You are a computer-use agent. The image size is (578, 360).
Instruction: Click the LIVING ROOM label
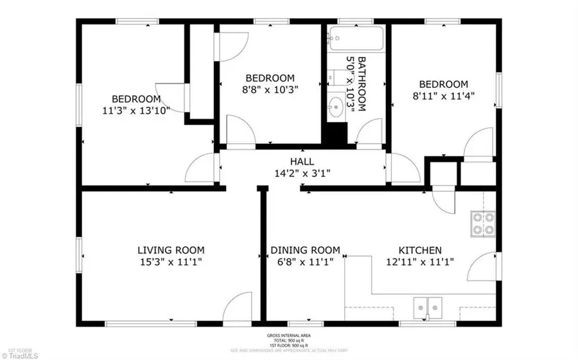coord(171,250)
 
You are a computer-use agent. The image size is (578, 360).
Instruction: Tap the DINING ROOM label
coord(305,250)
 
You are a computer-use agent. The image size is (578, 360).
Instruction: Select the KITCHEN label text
coord(420,250)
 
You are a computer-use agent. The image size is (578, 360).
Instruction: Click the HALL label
coord(302,162)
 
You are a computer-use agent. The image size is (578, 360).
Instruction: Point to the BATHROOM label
coord(362,84)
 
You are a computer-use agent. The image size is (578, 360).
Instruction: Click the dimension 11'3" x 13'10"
coord(136,110)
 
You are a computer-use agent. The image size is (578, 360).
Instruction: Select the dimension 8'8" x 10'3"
coord(270,89)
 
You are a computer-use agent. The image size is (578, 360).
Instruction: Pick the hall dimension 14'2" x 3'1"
coord(302,173)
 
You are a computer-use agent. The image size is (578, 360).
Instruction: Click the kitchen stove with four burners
coord(482,223)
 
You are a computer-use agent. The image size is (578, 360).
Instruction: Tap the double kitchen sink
coord(429,308)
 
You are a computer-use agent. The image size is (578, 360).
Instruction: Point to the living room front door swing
coord(240,306)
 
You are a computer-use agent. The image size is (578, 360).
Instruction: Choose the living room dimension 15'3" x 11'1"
coord(171,261)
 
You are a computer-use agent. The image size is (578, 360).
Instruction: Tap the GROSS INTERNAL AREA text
coord(288,336)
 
